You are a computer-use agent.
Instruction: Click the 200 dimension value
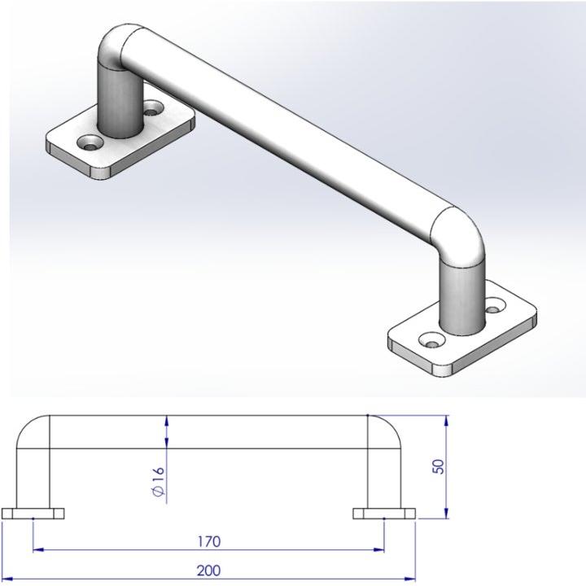coord(210,571)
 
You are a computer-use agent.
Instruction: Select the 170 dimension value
coord(209,541)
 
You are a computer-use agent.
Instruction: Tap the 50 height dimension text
coord(440,468)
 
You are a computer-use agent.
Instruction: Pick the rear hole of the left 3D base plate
coord(151,107)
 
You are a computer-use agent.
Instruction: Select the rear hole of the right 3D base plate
coord(494,308)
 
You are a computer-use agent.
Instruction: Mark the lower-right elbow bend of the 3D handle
coord(460,236)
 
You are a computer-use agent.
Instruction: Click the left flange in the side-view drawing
coord(33,514)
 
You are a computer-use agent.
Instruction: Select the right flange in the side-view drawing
coord(384,514)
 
